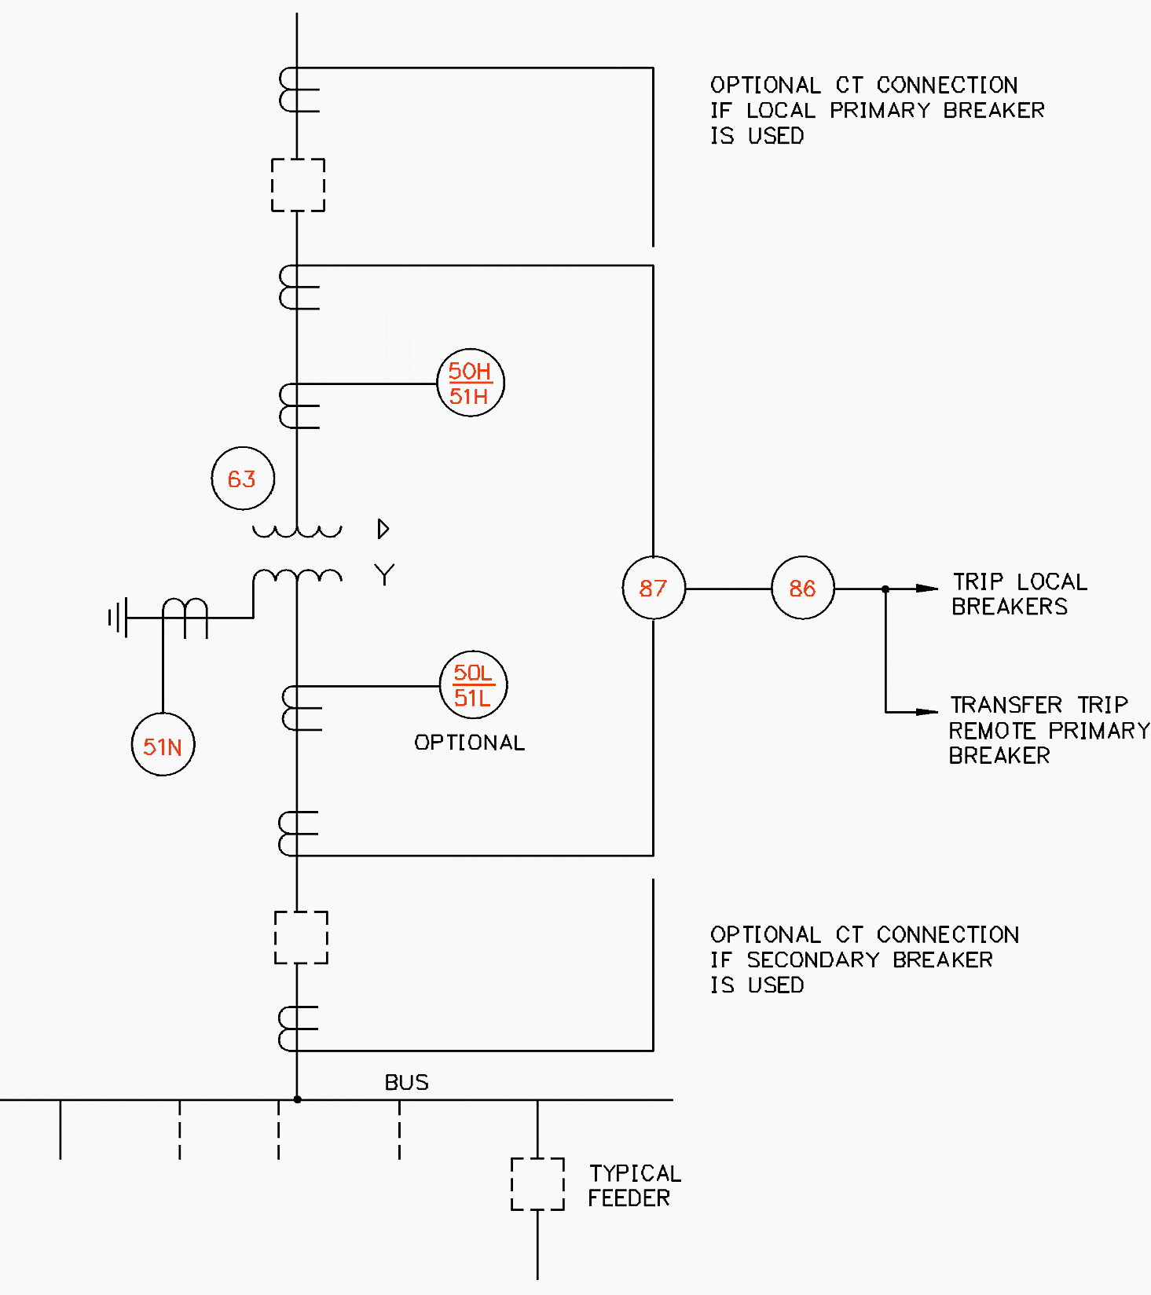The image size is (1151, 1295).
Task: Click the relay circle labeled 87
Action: pyautogui.click(x=653, y=588)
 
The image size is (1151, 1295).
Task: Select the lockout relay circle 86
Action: pyautogui.click(x=802, y=588)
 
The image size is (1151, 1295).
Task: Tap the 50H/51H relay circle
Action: pyautogui.click(x=470, y=383)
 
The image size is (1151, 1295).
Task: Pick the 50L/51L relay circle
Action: pyautogui.click(x=473, y=684)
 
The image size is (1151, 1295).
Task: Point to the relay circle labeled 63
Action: pyautogui.click(x=243, y=479)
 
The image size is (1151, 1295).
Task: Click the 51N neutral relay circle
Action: pyautogui.click(x=163, y=745)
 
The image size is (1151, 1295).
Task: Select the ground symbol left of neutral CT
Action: pyautogui.click(x=117, y=618)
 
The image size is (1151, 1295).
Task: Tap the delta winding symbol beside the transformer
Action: pyautogui.click(x=383, y=529)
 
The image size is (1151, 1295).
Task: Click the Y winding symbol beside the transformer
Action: pyautogui.click(x=384, y=575)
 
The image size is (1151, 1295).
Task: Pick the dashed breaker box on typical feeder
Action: pyautogui.click(x=537, y=1183)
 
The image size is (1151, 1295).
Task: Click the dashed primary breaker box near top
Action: pyautogui.click(x=298, y=185)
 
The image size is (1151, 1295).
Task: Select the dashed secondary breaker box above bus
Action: pyautogui.click(x=300, y=937)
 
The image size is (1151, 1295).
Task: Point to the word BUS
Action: pyautogui.click(x=406, y=1083)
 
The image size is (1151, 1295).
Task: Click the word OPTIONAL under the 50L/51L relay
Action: pyautogui.click(x=469, y=743)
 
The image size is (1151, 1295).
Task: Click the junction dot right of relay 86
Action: pyautogui.click(x=885, y=589)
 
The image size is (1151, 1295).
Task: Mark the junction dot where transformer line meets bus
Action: pyautogui.click(x=297, y=1099)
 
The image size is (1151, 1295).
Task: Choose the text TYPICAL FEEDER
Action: pyautogui.click(x=633, y=1186)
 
